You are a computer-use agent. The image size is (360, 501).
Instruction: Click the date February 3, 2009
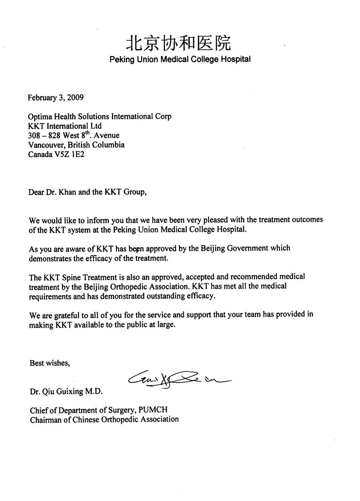pos(56,97)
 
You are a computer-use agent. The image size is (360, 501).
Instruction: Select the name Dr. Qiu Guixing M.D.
pos(66,391)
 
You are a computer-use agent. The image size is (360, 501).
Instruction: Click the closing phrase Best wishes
pos(50,363)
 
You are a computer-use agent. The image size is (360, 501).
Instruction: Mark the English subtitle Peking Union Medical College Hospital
pos(180,59)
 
